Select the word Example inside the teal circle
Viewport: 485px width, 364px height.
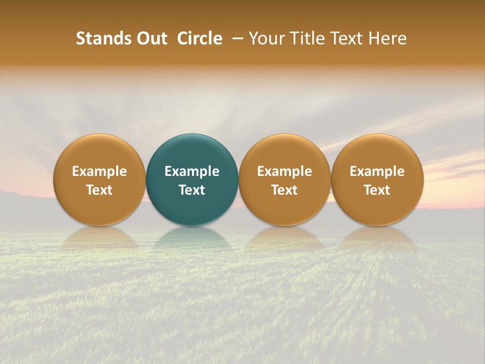point(192,171)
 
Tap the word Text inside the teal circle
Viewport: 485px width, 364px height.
point(192,190)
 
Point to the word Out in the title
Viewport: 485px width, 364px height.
point(150,38)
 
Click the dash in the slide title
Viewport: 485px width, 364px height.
point(236,38)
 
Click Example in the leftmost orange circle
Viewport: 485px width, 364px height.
point(100,171)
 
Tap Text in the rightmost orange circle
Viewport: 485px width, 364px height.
point(377,190)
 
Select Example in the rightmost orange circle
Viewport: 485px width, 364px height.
point(377,171)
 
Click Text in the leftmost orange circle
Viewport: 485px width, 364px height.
point(100,190)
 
